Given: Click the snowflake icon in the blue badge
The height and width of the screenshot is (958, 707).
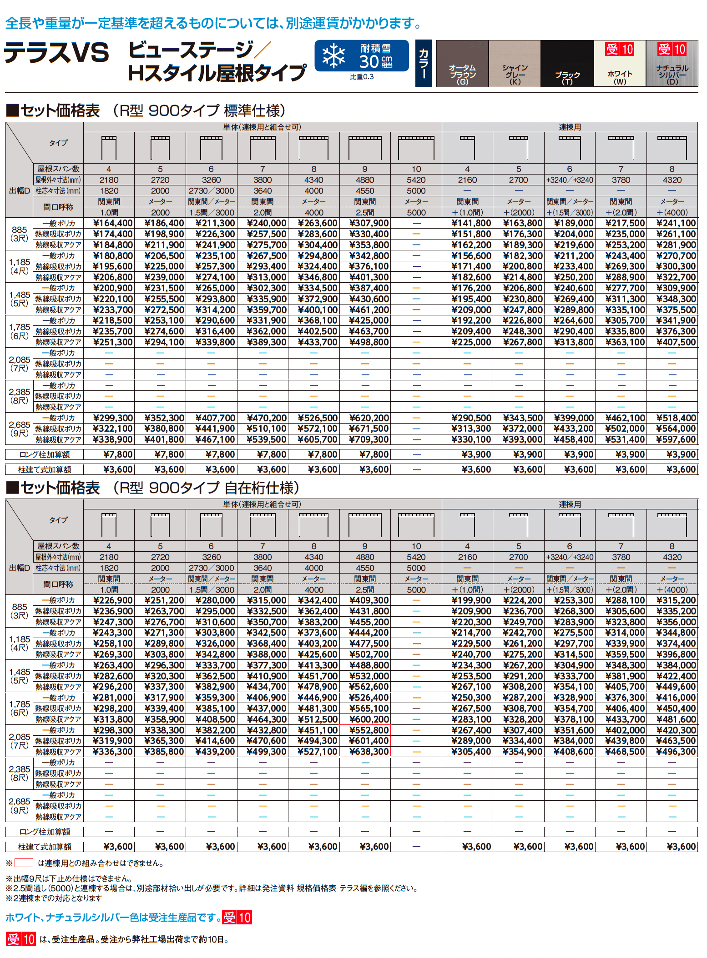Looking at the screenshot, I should coord(333,56).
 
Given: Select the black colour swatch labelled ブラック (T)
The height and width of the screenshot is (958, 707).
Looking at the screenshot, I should coord(567,63).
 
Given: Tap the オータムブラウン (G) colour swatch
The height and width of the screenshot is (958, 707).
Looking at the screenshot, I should coord(462,63).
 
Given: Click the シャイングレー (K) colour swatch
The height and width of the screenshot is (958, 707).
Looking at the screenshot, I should coord(515,63).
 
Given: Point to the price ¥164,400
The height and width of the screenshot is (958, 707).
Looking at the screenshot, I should coord(112,223).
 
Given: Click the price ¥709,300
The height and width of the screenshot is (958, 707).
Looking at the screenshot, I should coord(369,439).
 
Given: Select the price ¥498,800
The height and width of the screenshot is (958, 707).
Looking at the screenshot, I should coord(369,342).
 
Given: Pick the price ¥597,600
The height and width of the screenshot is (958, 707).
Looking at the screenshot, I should coord(676,439).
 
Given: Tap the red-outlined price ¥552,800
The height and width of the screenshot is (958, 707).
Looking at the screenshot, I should coord(369,730).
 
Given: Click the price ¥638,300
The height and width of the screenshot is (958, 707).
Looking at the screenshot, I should coord(369,752).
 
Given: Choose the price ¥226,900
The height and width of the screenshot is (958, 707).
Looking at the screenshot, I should coord(112,600).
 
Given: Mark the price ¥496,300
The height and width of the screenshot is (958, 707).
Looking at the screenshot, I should coord(676,752).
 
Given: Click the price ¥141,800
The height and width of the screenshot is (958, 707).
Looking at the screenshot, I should coord(471,223).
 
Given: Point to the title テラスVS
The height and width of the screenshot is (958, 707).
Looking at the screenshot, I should coord(57,53).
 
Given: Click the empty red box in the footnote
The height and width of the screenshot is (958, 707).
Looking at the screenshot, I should coord(24,863).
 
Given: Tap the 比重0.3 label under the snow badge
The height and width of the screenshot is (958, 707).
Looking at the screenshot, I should coord(362,77).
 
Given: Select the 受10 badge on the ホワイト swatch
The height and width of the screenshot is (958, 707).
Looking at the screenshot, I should coord(619,49).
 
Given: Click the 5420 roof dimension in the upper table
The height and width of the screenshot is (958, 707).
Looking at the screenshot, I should coord(416,180).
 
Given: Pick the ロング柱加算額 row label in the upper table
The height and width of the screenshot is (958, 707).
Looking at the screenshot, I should coord(45,454).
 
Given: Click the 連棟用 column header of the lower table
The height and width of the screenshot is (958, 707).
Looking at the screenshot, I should coord(570,504).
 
